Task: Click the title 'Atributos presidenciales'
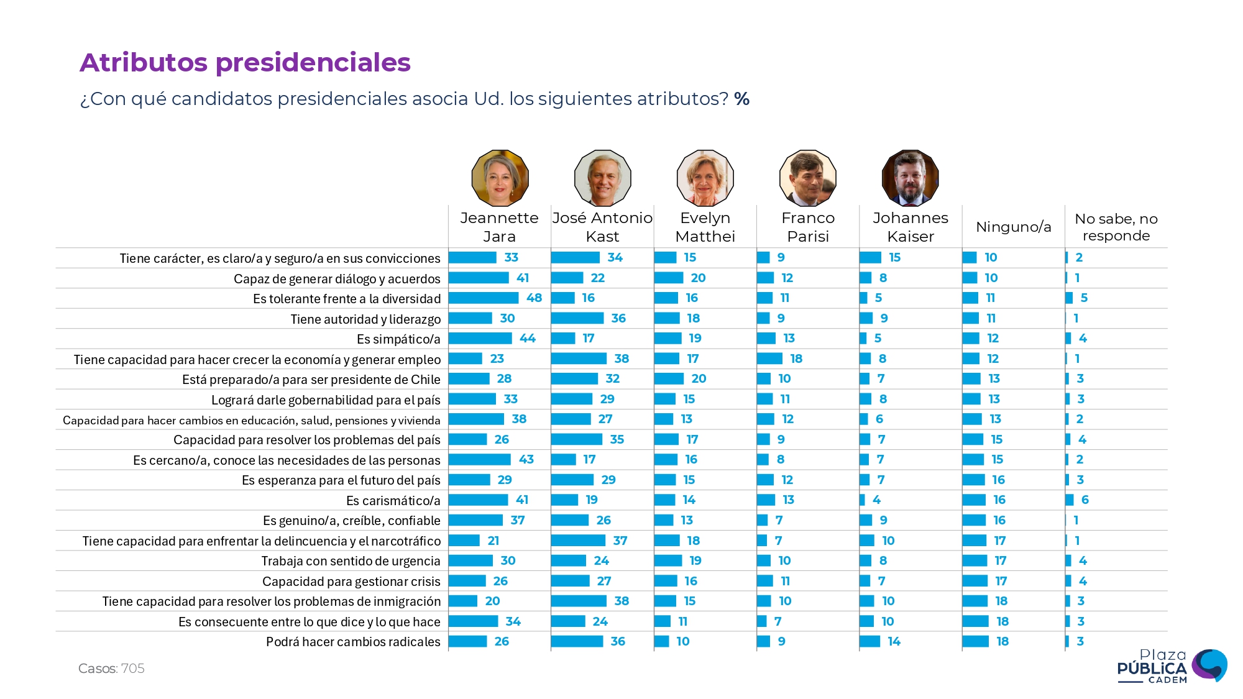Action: [245, 63]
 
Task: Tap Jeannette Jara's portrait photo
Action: [500, 178]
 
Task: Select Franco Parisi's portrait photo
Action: [808, 178]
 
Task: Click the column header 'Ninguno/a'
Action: [1013, 227]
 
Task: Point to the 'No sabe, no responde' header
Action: [1116, 227]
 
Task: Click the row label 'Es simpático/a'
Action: [398, 339]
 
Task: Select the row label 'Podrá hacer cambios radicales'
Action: [353, 642]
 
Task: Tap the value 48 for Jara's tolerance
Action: [534, 298]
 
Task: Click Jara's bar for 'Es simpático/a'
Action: [480, 338]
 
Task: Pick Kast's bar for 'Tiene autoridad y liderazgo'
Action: [577, 318]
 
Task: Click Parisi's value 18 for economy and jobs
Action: [796, 359]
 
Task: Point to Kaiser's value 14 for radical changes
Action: [894, 641]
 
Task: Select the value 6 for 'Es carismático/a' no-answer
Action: [1085, 500]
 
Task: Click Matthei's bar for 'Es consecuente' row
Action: [663, 621]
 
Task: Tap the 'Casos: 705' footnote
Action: [111, 669]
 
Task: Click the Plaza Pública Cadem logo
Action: [1172, 667]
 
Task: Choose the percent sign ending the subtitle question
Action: [741, 99]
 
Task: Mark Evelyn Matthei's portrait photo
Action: [705, 178]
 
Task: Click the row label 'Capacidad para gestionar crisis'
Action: [351, 582]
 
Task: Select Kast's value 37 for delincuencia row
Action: [620, 541]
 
